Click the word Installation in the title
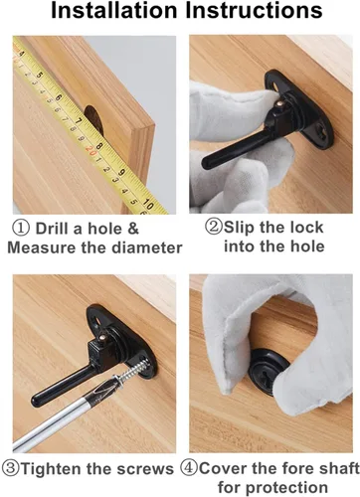[x=114, y=10]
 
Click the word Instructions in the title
[x=254, y=10]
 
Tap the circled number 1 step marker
[x=21, y=229]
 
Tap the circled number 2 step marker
[x=213, y=227]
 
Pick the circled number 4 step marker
[x=189, y=468]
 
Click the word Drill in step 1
[x=53, y=229]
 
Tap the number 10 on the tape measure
[x=148, y=205]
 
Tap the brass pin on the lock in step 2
[x=280, y=104]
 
